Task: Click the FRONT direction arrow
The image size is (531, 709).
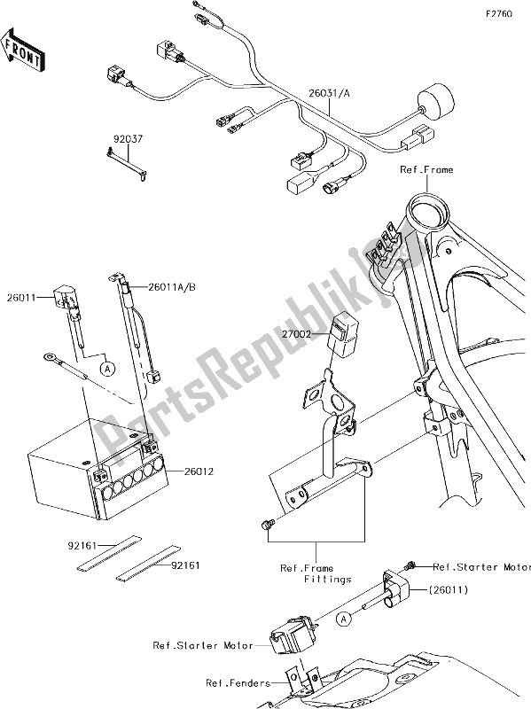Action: (x=22, y=50)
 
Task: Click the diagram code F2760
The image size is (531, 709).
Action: (x=499, y=14)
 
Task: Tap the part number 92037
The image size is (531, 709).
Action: (x=128, y=139)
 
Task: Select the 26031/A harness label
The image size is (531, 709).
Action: (x=329, y=94)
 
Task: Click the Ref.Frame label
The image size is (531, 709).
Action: (x=426, y=169)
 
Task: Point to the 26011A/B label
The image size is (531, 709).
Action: (x=171, y=286)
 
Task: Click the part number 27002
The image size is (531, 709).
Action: (x=296, y=334)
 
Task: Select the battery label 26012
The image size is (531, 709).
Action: (x=199, y=471)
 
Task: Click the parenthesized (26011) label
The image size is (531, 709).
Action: (x=448, y=589)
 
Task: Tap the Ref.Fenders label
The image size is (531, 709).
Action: (x=238, y=682)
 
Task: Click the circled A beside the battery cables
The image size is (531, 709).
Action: (x=107, y=369)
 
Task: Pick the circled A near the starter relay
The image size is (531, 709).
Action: (x=344, y=619)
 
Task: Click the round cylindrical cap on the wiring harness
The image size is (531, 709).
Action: (x=435, y=103)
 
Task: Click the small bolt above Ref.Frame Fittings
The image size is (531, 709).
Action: (x=266, y=525)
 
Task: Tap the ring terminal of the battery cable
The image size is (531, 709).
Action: (x=48, y=359)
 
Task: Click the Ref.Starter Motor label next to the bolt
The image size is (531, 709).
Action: (x=481, y=567)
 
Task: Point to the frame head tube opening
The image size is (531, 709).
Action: (x=428, y=210)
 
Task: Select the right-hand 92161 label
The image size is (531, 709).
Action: (x=185, y=565)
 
